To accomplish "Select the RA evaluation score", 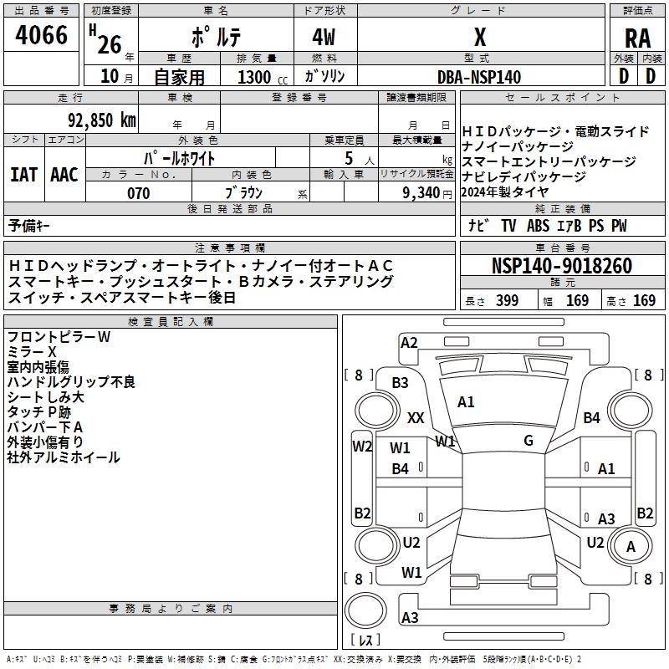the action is [637, 38].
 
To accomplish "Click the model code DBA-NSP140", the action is [479, 77].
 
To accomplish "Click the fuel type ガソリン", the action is [324, 77].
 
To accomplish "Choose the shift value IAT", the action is [23, 174].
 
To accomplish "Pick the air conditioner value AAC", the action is [64, 174].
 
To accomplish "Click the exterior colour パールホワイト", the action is [180, 157].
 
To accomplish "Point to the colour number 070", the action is [138, 193].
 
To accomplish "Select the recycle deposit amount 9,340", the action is [421, 193].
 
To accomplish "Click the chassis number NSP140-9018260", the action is [562, 266].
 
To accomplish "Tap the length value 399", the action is [507, 301].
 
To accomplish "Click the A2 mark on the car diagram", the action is [409, 342].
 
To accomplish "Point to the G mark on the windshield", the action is [529, 440].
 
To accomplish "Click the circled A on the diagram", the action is [631, 547].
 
